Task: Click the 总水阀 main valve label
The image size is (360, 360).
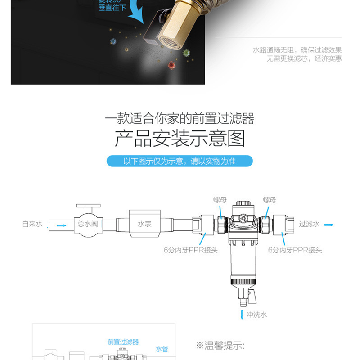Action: coord(88,224)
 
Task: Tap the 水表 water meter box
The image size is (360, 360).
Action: coord(144,224)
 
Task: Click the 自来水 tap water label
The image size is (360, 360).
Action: coord(32,224)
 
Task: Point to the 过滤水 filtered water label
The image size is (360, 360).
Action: coord(309,224)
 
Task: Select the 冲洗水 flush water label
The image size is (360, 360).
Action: coord(256,315)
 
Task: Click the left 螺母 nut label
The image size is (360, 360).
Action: coord(220,200)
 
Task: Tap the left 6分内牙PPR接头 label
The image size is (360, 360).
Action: coord(190,250)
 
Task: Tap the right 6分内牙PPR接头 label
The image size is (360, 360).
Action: coord(295,250)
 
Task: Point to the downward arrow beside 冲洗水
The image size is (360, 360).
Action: coord(241,314)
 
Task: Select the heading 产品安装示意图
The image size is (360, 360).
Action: coord(180,138)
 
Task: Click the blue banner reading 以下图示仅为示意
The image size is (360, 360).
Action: coord(180,161)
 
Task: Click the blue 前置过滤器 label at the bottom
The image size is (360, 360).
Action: coord(123,342)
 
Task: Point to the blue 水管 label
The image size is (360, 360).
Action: coord(161,349)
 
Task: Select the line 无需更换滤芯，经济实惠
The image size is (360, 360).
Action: coord(304,58)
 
